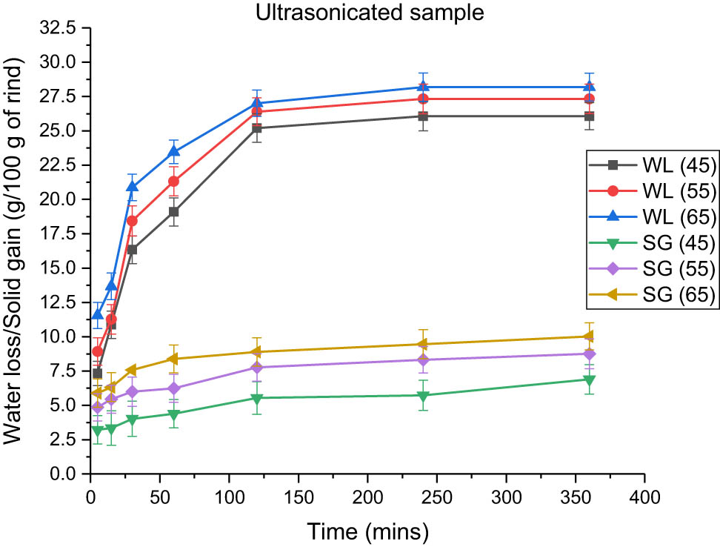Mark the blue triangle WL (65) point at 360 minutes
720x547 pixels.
coord(589,87)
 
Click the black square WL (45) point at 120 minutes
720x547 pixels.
coord(256,128)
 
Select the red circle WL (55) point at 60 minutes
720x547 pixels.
coord(173,181)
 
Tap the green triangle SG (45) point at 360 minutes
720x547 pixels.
coord(589,379)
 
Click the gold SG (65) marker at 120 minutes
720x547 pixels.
coord(256,352)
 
